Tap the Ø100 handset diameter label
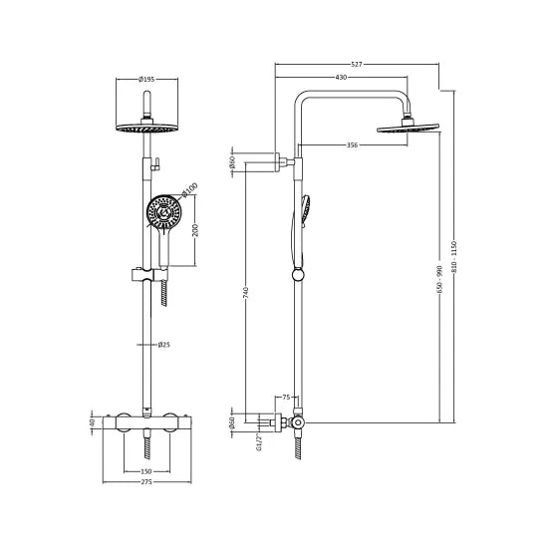pyautogui.click(x=190, y=188)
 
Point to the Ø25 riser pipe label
pyautogui.click(x=165, y=345)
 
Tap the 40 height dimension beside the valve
pyautogui.click(x=92, y=421)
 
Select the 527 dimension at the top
pyautogui.click(x=356, y=64)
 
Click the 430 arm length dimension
pyautogui.click(x=341, y=78)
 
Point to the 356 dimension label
pyautogui.click(x=352, y=145)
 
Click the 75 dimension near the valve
pyautogui.click(x=286, y=398)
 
